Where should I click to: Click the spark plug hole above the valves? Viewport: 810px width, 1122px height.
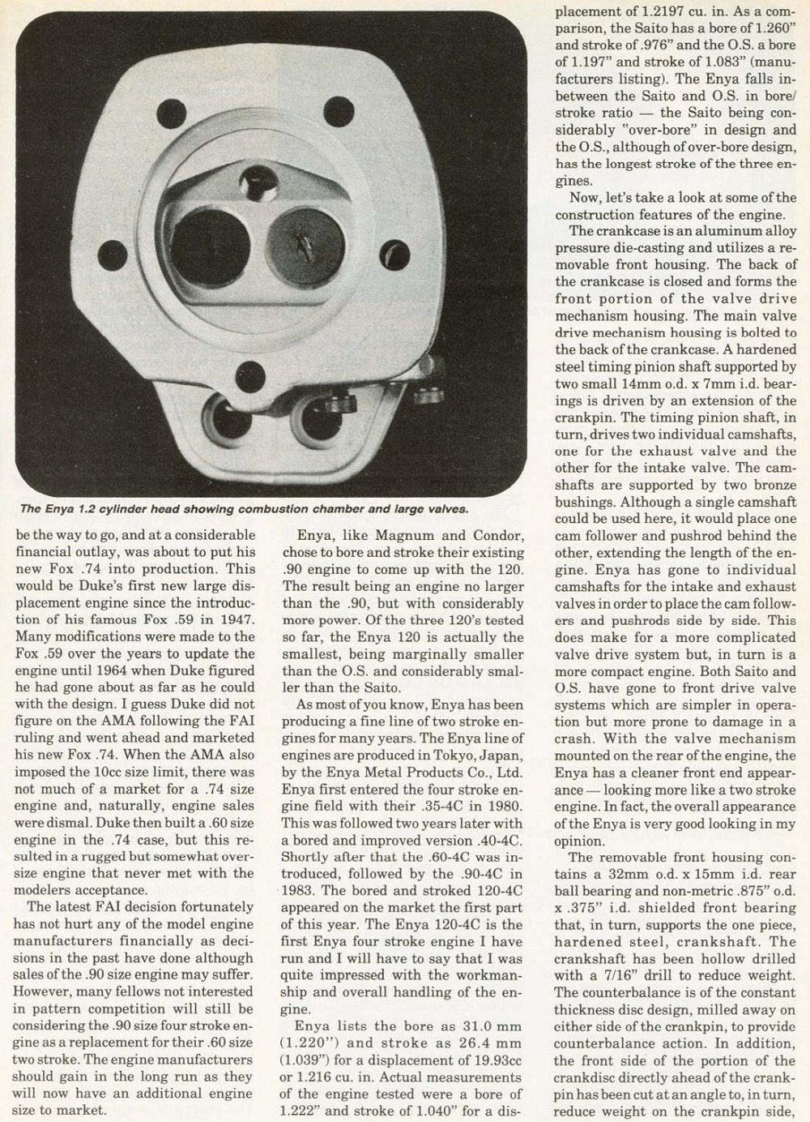pos(262,180)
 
